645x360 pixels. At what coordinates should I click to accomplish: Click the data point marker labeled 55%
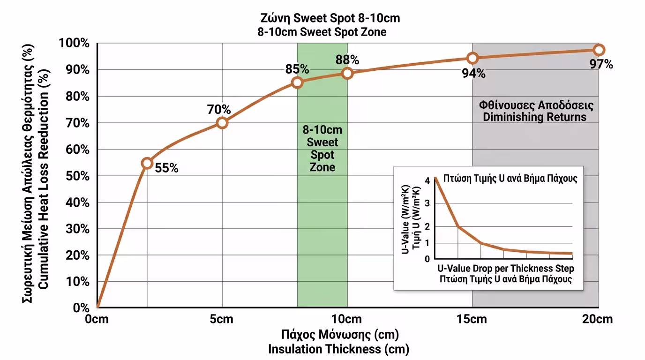coord(147,163)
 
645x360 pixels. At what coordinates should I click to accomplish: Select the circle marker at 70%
coord(222,123)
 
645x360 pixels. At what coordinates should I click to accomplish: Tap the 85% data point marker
coord(297,83)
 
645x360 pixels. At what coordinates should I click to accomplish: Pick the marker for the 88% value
coord(347,73)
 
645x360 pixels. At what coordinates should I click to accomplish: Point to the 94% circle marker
coord(472,58)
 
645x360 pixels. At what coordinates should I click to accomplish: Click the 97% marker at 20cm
coord(599,50)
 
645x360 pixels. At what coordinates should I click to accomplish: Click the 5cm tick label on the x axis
coord(222,320)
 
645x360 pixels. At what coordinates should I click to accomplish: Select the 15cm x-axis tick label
coord(472,320)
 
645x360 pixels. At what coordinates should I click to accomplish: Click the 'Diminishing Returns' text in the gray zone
coord(535,117)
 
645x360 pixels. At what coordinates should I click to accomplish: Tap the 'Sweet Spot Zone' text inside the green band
coord(322,155)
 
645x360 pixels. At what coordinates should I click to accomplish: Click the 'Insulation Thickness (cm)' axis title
coord(338,349)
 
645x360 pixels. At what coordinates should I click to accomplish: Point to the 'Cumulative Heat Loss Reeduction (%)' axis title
coord(43,176)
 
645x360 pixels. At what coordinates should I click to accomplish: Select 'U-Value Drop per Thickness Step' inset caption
coord(506,269)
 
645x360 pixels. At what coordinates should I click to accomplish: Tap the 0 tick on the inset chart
coord(426,259)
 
